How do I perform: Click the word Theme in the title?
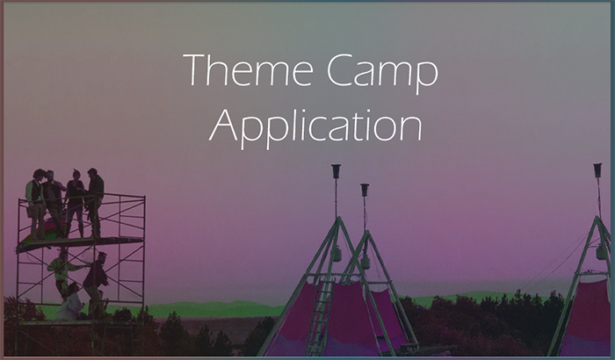tap(249, 70)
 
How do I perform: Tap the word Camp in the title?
tap(382, 74)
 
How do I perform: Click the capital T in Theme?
tap(197, 70)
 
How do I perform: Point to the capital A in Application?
tap(223, 125)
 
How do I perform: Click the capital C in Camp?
tap(340, 70)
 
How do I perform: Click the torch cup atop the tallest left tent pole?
tap(336, 171)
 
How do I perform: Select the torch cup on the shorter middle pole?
tap(365, 191)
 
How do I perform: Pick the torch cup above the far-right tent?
tap(597, 170)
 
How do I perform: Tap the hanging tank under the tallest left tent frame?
tap(336, 254)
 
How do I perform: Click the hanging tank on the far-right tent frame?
tap(601, 251)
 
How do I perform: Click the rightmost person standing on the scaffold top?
tap(95, 202)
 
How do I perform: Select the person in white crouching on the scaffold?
tap(70, 302)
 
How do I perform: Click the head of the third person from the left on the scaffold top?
tap(76, 174)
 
